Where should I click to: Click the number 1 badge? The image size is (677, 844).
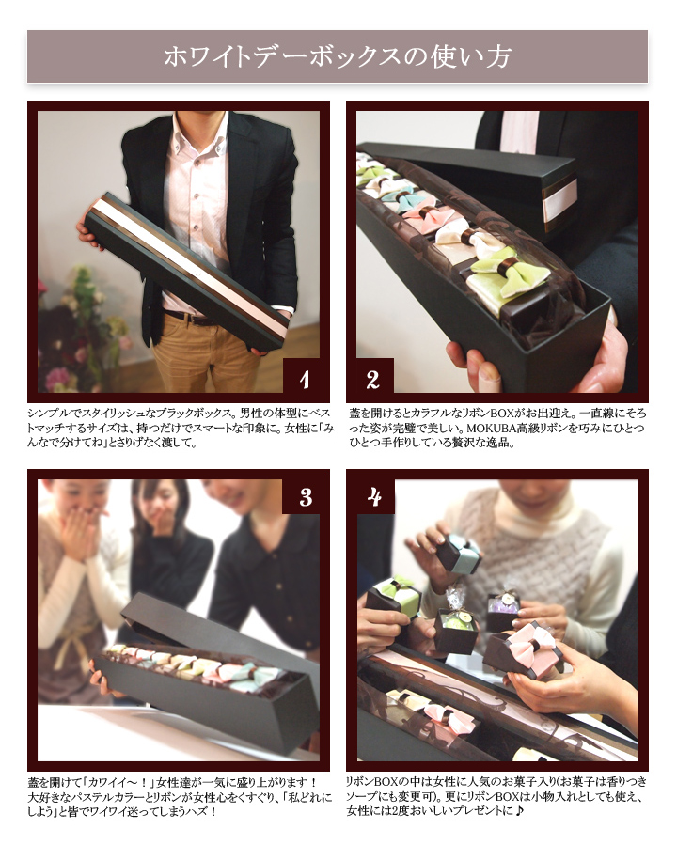tap(306, 379)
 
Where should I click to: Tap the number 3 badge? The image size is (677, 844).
tap(306, 497)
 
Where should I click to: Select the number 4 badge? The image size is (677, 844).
tap(375, 496)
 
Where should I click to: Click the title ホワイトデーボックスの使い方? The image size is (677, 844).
tap(338, 57)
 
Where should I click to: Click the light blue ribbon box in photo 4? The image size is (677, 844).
tap(459, 555)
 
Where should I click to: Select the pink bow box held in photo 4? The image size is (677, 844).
tap(525, 649)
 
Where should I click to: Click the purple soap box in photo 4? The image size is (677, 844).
tap(503, 610)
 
